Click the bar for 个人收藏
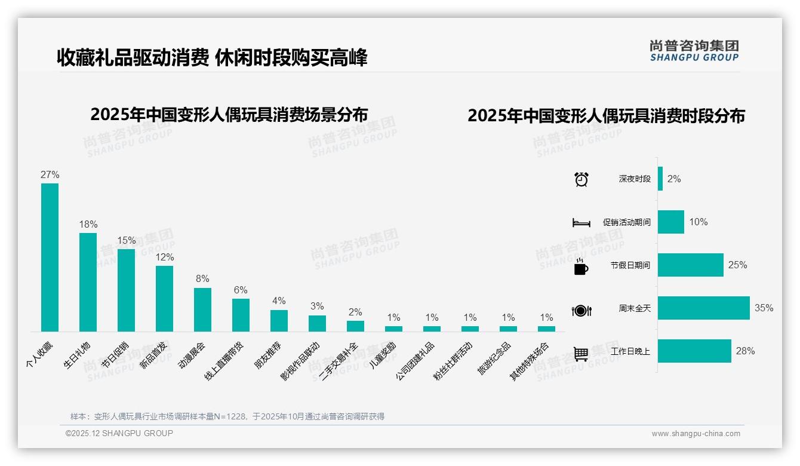[50, 257]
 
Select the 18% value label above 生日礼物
[88, 224]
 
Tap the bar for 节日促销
[126, 290]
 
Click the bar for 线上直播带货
[241, 315]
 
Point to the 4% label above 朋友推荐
[279, 301]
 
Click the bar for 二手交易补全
[355, 326]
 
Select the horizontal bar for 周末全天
[703, 308]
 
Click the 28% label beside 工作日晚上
[745, 351]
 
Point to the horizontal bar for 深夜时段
[660, 179]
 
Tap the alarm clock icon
[581, 179]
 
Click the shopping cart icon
[581, 354]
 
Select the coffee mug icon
[581, 267]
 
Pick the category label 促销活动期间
[626, 222]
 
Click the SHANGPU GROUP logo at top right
[694, 51]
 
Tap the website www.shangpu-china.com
[696, 433]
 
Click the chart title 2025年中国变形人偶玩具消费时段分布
[606, 116]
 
